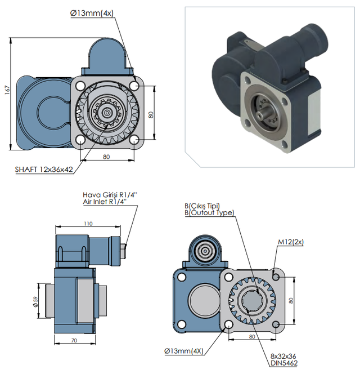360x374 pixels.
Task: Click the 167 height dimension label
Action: point(7,90)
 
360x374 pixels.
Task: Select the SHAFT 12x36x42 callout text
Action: point(44,170)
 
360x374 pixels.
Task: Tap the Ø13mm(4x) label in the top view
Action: point(92,13)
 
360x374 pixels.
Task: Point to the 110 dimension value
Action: point(88,224)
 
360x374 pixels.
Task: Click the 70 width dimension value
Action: point(74,340)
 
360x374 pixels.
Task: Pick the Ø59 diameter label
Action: point(36,302)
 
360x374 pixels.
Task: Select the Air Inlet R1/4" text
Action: point(105,202)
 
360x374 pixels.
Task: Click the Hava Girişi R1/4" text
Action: point(110,195)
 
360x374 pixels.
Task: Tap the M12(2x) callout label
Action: point(291,242)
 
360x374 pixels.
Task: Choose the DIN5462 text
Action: point(284,363)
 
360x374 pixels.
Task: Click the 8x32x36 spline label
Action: point(283,357)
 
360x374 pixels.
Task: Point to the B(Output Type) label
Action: point(209,212)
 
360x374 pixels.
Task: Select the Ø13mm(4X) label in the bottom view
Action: point(184,351)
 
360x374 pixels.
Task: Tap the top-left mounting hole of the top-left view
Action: point(81,86)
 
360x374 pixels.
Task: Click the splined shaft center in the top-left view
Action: point(106,112)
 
